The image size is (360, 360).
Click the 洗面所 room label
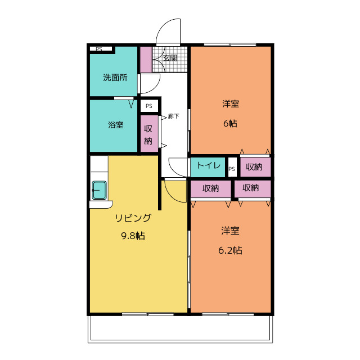tap(115, 78)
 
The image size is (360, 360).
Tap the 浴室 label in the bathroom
tap(116, 125)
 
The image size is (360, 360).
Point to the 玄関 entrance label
tap(170, 57)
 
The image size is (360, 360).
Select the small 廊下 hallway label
tap(174, 116)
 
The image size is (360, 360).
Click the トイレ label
tap(208, 166)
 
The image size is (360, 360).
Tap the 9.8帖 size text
tap(133, 236)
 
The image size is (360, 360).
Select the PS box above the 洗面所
tap(99, 49)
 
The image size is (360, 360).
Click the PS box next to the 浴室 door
tap(148, 106)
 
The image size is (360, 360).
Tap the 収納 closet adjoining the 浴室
tap(148, 134)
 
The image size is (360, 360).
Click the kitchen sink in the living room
tap(100, 190)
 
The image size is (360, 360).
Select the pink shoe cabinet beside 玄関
tap(146, 60)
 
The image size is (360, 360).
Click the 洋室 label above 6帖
tap(230, 104)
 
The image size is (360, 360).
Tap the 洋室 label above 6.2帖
tap(230, 231)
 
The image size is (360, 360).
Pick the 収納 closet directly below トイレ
tap(210, 188)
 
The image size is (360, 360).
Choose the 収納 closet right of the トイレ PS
tap(254, 166)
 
